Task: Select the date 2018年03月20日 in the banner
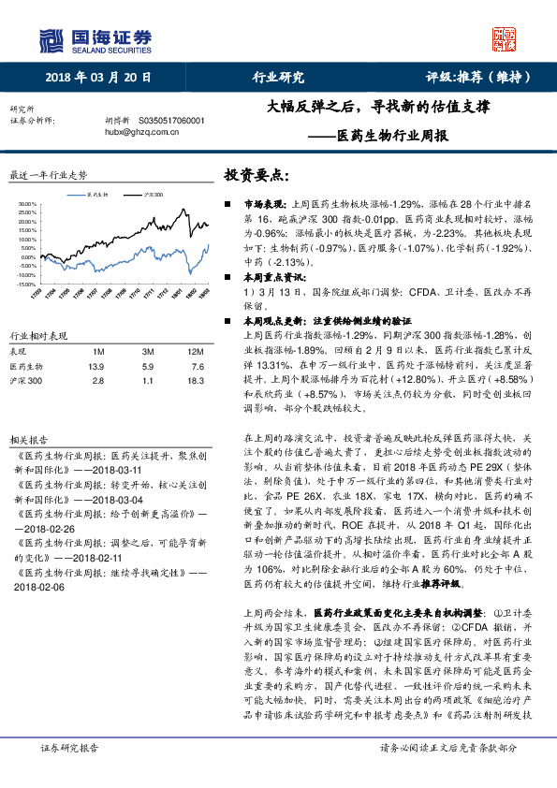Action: pyautogui.click(x=97, y=77)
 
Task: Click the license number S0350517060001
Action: pyautogui.click(x=177, y=121)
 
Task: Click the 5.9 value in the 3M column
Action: pyautogui.click(x=148, y=366)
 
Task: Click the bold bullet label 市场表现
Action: pyautogui.click(x=266, y=203)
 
